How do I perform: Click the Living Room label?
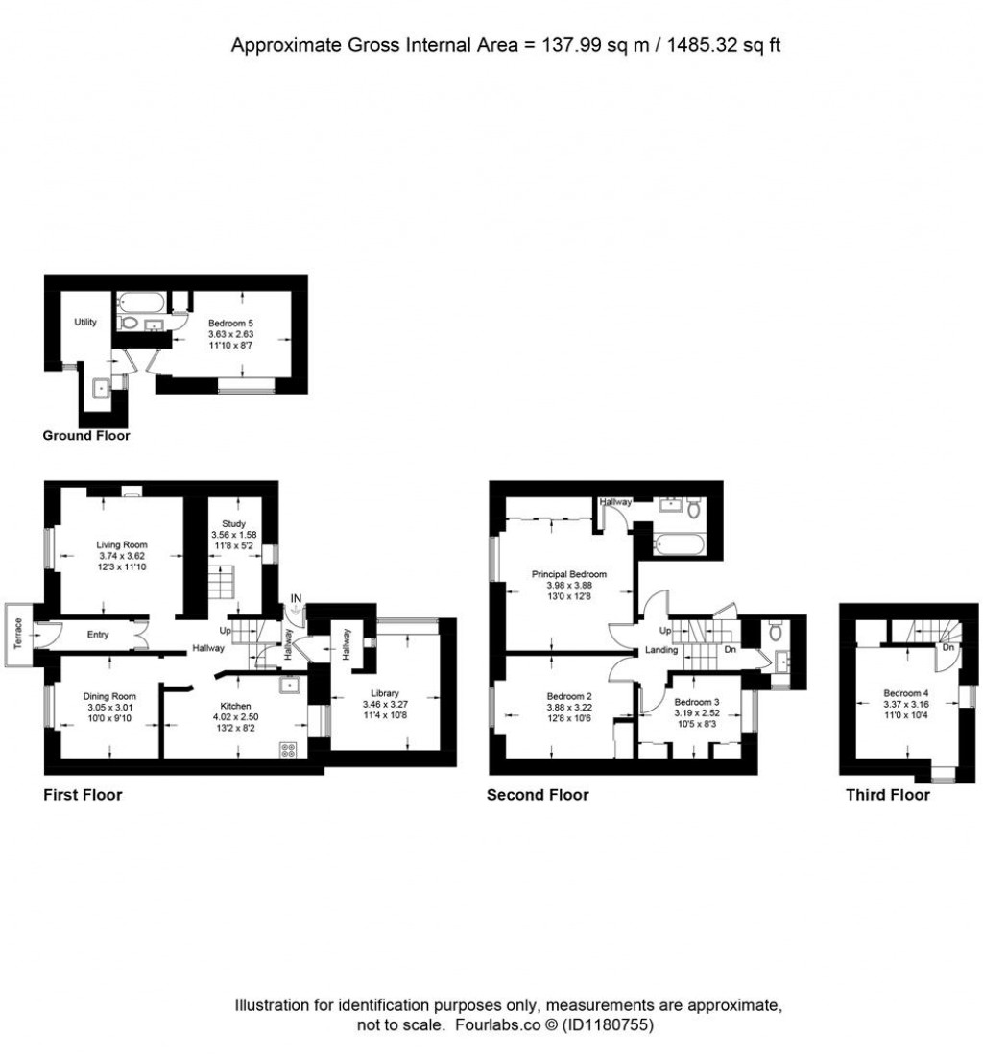(115, 543)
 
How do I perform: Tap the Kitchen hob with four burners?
(287, 750)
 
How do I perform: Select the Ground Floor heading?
(86, 436)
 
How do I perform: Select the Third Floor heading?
(887, 795)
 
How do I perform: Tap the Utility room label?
(85, 322)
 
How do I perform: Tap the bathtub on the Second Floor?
(680, 545)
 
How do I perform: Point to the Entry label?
(98, 635)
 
